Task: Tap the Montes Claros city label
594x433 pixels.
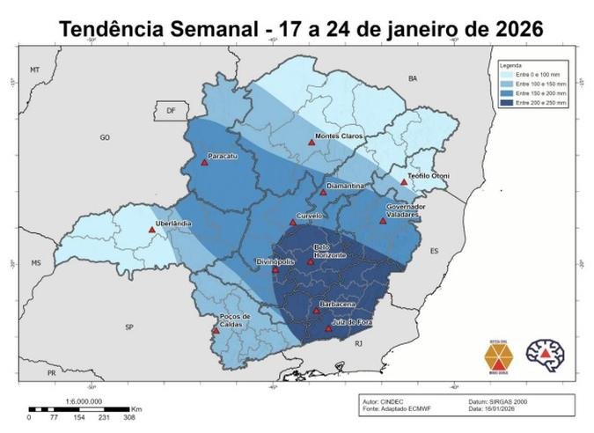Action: click(x=340, y=136)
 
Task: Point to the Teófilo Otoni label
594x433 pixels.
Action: click(x=429, y=176)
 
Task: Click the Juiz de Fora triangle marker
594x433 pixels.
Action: click(x=328, y=329)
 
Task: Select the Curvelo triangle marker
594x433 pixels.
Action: click(x=293, y=223)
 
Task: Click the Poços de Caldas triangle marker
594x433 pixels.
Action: click(x=216, y=331)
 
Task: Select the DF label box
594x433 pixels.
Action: click(x=171, y=111)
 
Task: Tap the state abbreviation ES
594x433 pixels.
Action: click(x=434, y=251)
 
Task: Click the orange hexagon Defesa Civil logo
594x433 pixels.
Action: click(x=498, y=356)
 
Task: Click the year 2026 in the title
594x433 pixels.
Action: click(x=510, y=28)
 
